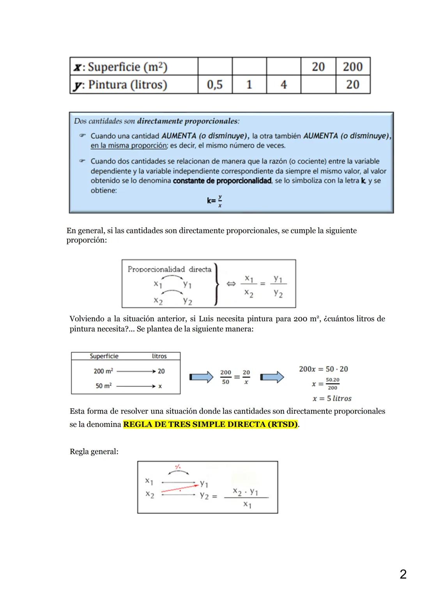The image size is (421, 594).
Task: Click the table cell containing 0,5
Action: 215,85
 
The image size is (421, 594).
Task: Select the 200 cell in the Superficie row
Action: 353,67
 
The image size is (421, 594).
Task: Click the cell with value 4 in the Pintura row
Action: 283,85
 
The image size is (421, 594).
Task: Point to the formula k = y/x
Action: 215,201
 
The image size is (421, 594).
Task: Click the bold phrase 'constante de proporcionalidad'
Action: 222,181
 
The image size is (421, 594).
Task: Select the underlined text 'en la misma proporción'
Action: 129,146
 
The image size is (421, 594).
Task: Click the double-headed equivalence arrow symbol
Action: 231,284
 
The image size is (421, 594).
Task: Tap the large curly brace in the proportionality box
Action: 216,284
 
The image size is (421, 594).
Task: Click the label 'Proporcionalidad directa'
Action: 169,269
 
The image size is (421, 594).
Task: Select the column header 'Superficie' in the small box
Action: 104,356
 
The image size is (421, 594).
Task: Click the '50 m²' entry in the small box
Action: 103,386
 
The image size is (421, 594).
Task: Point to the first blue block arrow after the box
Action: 201,377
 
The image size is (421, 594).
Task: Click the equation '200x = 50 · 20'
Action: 323,369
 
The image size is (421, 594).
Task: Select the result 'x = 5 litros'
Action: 332,398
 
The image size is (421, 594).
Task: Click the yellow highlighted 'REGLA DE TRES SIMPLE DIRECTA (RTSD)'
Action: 210,424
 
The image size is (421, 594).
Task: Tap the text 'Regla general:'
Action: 94,451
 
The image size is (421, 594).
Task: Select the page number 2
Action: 403,574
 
